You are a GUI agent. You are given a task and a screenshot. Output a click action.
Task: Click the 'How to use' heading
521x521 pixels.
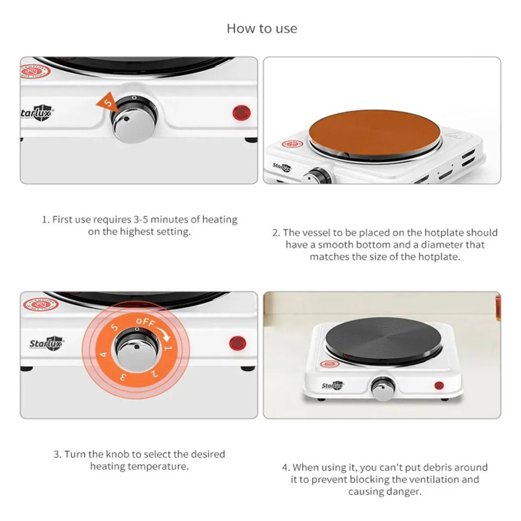point(262,29)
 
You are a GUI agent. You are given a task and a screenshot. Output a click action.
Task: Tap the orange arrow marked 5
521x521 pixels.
point(107,102)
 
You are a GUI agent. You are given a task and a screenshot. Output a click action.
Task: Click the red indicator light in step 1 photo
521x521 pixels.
point(241,113)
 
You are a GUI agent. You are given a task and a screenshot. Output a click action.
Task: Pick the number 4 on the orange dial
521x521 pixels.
point(104,354)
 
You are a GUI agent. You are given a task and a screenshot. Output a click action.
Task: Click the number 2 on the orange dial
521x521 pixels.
point(154,374)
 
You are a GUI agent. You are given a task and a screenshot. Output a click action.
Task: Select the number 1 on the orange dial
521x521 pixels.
point(168,348)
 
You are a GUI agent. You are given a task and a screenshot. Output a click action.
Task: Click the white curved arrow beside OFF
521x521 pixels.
point(163,331)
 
